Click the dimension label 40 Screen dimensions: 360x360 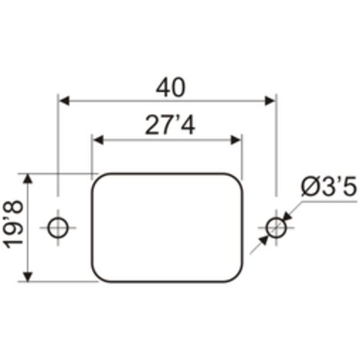point(171,87)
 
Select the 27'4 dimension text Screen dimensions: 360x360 point(170,125)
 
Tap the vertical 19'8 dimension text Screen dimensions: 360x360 point(14,224)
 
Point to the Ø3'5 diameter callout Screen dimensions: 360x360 point(329,187)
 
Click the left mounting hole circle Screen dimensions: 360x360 point(48,227)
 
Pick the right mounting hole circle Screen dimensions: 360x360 point(266,227)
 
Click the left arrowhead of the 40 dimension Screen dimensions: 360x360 point(64,101)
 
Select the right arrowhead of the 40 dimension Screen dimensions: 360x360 point(270,101)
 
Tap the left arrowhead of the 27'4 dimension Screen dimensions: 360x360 point(98,140)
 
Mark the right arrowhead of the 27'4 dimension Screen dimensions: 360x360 point(236,140)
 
